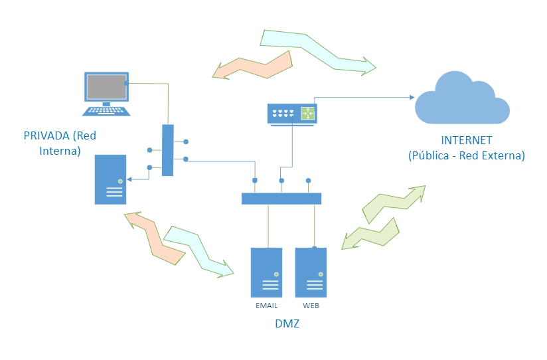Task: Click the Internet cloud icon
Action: (x=462, y=100)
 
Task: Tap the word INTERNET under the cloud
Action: (x=466, y=141)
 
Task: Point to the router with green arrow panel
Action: (x=292, y=114)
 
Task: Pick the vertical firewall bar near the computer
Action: (x=167, y=150)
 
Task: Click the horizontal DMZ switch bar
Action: (x=281, y=198)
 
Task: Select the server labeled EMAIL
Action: (x=266, y=272)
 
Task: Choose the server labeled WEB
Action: (x=311, y=272)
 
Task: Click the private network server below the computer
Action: (x=110, y=179)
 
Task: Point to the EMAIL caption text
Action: (x=266, y=306)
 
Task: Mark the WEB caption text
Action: (x=311, y=306)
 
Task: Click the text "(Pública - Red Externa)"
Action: (x=466, y=156)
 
